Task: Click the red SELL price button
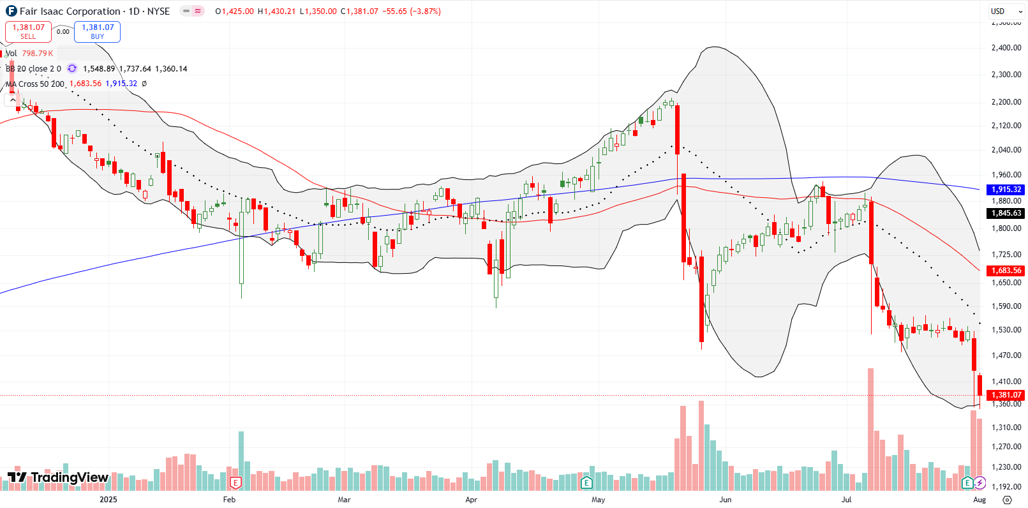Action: coord(28,31)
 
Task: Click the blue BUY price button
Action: coord(97,31)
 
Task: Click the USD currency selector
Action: coord(1002,11)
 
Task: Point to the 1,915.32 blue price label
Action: coord(1006,190)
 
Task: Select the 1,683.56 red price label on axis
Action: coord(1006,271)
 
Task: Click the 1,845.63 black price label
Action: coord(1006,213)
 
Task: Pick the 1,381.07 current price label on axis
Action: coord(1006,395)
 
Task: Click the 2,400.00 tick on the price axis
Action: coord(1006,48)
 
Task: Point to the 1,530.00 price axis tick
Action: coord(1006,330)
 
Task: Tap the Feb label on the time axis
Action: coord(229,500)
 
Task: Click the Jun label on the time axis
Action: coord(725,500)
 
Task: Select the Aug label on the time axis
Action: coord(980,500)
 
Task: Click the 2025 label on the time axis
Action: coord(108,500)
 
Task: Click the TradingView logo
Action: coord(58,477)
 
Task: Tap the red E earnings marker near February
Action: coord(235,482)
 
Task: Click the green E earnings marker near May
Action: coord(586,482)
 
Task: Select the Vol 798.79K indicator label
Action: coord(30,54)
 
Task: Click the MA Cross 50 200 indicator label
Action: coord(36,84)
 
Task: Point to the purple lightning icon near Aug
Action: coord(980,482)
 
